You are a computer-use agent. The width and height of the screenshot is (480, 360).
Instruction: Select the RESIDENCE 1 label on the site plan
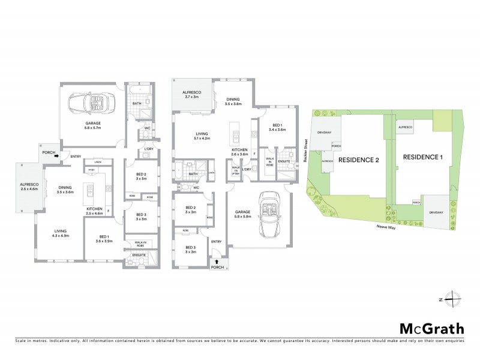click(423, 157)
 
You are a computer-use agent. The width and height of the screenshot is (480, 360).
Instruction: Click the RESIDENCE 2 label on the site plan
click(359, 160)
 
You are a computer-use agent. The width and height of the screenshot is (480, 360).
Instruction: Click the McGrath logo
click(432, 328)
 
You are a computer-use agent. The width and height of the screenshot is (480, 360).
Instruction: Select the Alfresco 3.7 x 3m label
click(191, 94)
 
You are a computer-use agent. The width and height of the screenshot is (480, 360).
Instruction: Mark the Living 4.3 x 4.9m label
click(59, 233)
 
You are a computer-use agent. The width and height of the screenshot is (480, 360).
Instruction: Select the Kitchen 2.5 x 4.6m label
click(95, 211)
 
